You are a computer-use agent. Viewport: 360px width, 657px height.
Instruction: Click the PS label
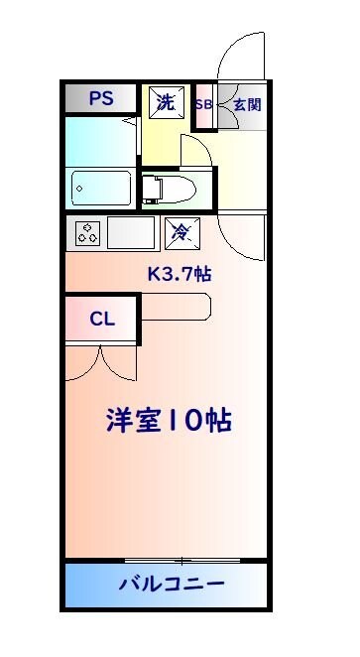(100, 98)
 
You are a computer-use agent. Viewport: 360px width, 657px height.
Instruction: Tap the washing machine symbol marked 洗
(166, 101)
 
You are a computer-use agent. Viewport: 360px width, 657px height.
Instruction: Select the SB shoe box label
(204, 104)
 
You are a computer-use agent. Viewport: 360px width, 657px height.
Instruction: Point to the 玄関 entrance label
(247, 104)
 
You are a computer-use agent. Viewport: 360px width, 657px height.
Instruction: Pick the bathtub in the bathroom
(101, 187)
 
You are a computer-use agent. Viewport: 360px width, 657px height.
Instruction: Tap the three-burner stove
(86, 234)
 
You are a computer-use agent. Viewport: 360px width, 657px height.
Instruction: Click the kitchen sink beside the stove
(131, 234)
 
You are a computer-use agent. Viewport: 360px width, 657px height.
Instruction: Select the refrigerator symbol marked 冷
(181, 233)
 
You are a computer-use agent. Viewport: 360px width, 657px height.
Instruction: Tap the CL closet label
(102, 320)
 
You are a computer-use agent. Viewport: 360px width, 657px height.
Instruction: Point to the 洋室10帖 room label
(169, 420)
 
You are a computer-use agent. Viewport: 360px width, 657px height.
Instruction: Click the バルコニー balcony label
(173, 584)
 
